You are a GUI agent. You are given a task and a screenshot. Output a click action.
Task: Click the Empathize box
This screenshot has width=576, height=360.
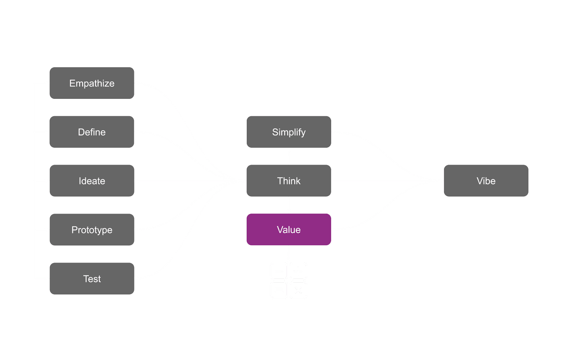pyautogui.click(x=92, y=83)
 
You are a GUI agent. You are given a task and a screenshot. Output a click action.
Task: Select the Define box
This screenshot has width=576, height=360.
pyautogui.click(x=92, y=132)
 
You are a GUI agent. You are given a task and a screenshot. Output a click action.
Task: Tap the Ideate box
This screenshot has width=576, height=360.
pyautogui.click(x=92, y=181)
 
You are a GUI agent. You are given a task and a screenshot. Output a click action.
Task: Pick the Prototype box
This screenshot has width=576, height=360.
pyautogui.click(x=92, y=230)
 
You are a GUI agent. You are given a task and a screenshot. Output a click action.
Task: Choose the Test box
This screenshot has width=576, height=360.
pyautogui.click(x=92, y=279)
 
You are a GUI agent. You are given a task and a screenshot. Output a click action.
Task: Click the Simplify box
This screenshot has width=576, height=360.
pyautogui.click(x=288, y=132)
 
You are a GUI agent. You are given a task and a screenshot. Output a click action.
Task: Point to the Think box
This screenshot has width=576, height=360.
pyautogui.click(x=288, y=181)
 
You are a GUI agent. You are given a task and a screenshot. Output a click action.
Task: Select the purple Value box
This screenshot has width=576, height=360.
pyautogui.click(x=288, y=230)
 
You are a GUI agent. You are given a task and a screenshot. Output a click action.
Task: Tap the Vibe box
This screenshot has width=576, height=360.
pyautogui.click(x=486, y=181)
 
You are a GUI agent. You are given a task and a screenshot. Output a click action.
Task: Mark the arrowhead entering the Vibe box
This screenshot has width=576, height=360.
pyautogui.click(x=440, y=181)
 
